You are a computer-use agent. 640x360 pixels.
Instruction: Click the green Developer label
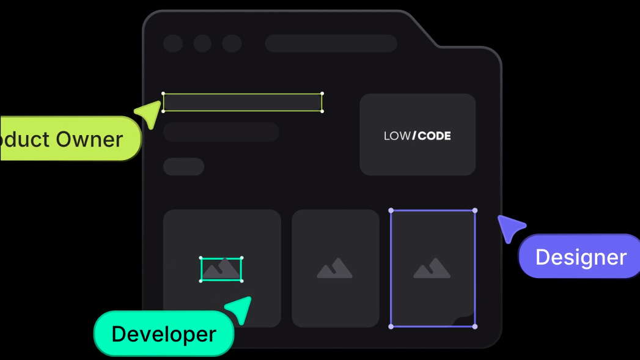[164, 334]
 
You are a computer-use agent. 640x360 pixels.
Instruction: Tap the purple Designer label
[580, 257]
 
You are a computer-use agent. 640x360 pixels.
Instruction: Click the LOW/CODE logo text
[417, 136]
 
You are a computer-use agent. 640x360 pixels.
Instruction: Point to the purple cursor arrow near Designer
[509, 227]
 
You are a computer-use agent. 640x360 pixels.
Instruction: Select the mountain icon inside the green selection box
[221, 269]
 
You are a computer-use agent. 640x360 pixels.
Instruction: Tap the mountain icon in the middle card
[334, 268]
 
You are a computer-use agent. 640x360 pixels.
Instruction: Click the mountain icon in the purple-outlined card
[432, 268]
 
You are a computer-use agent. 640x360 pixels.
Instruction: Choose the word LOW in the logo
[397, 136]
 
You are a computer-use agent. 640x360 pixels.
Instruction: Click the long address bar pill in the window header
[331, 43]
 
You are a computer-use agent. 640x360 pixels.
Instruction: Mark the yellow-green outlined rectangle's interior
[243, 103]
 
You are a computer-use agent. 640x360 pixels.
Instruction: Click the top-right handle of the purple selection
[475, 210]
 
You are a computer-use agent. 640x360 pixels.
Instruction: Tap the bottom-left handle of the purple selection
[391, 326]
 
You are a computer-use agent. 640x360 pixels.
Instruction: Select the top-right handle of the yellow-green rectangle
[322, 94]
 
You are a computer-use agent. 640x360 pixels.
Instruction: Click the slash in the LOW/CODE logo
[414, 136]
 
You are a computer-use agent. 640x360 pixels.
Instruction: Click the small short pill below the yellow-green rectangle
[183, 166]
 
